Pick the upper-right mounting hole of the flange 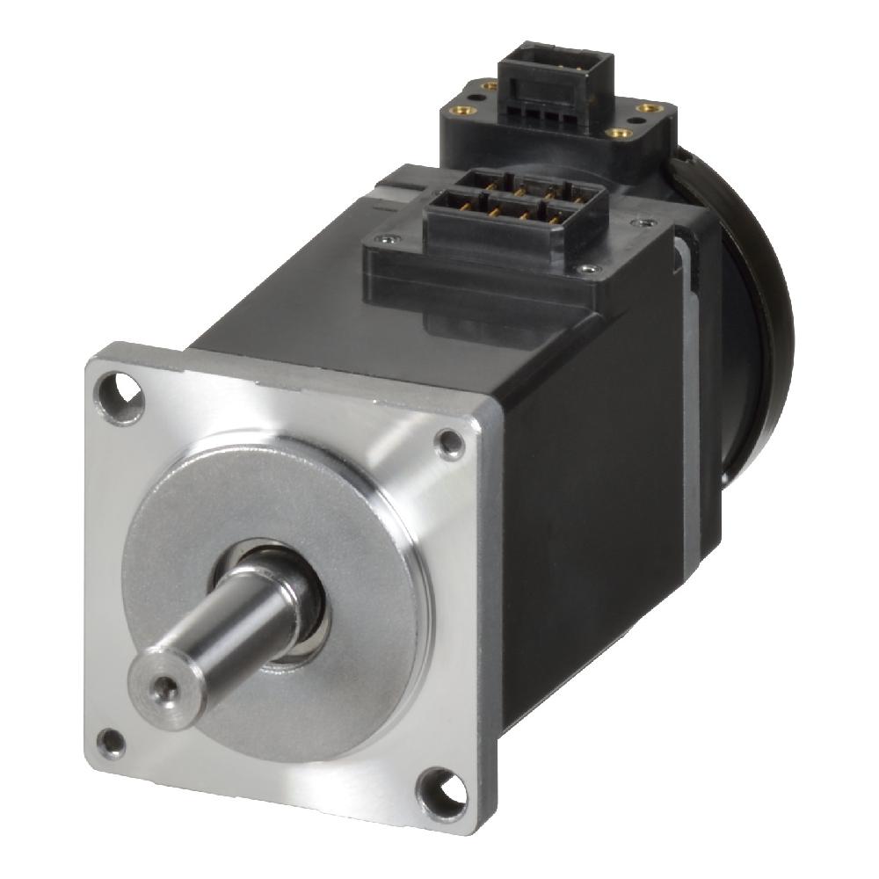point(451,444)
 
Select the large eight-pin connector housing point(514,215)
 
